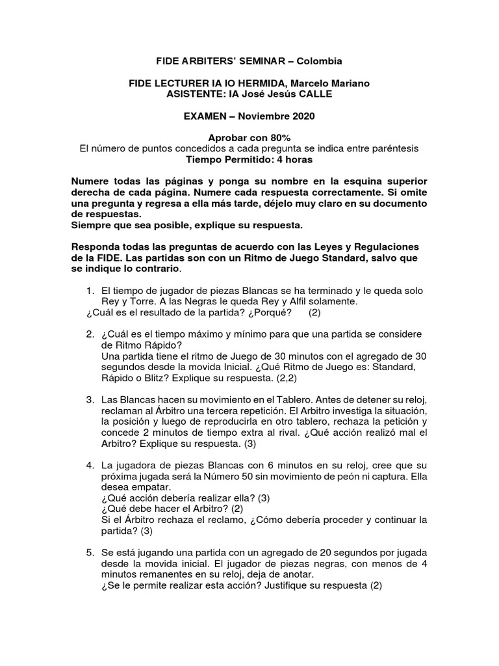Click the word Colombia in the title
[x=318, y=60]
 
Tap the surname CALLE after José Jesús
[x=314, y=94]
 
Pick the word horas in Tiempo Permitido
[x=296, y=159]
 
